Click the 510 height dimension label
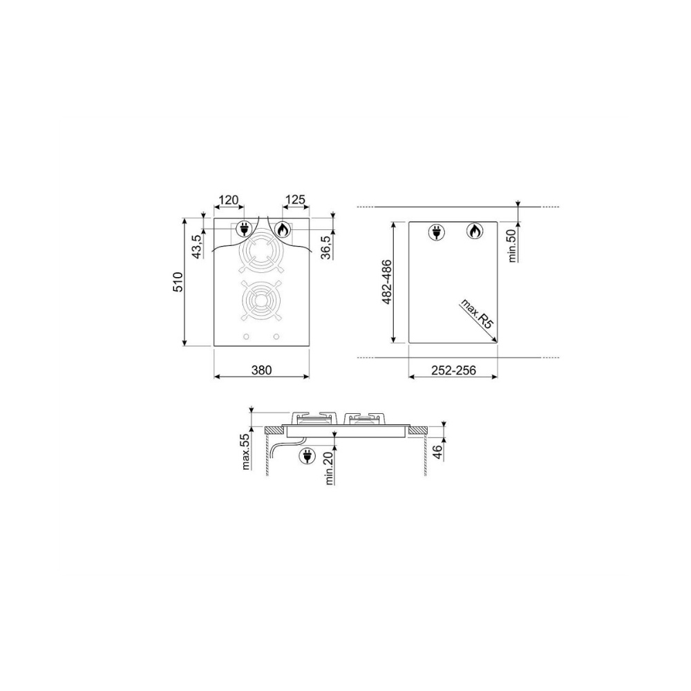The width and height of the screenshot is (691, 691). [x=178, y=282]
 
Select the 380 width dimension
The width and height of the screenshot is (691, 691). [x=261, y=370]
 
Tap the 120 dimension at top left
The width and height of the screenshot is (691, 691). [x=228, y=200]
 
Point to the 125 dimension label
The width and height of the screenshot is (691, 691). [x=295, y=200]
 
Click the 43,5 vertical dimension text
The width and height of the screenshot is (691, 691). [x=197, y=246]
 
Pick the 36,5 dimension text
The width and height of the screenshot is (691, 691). [x=327, y=247]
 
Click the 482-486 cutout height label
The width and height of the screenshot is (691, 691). [x=387, y=282]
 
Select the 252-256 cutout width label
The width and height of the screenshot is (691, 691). [x=453, y=370]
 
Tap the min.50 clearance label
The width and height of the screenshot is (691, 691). [x=512, y=246]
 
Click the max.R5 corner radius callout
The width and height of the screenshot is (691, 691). [x=476, y=314]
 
